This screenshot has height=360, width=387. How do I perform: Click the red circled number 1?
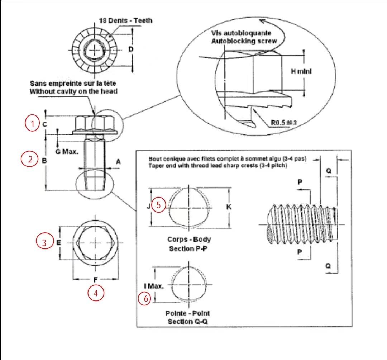[x=32, y=123]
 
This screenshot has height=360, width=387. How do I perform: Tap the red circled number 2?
[x=30, y=159]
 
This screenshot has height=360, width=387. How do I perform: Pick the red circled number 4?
[x=96, y=293]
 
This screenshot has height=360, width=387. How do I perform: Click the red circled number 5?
[x=158, y=205]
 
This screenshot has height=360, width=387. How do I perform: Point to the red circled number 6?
[x=145, y=299]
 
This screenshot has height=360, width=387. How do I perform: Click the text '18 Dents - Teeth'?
[x=126, y=20]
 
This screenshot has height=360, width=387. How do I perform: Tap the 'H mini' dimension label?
[x=301, y=71]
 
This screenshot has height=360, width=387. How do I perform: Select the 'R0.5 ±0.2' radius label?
[x=284, y=123]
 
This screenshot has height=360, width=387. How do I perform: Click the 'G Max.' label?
[x=67, y=152]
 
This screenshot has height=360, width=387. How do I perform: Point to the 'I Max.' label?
[x=154, y=286]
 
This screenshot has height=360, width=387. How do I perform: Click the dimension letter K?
[x=229, y=207]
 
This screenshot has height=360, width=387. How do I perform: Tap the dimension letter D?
[x=131, y=49]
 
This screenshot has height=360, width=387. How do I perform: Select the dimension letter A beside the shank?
[x=118, y=162]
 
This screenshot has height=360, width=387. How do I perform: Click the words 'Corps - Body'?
[x=189, y=239]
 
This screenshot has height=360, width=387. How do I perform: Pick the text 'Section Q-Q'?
[x=188, y=322]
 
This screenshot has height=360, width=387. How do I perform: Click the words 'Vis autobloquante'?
[x=241, y=33]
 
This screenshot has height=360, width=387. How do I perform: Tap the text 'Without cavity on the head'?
[x=73, y=91]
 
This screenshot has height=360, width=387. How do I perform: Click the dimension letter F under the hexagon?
[x=96, y=280]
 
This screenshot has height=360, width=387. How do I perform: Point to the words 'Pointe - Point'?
[x=187, y=313]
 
